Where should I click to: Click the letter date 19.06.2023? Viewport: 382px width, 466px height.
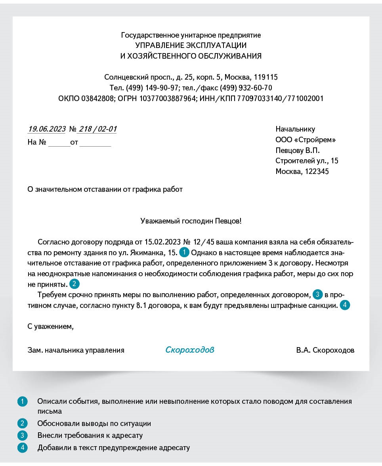47,129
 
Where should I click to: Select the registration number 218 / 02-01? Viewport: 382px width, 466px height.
97,129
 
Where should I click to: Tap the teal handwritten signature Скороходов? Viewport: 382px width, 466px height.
190,350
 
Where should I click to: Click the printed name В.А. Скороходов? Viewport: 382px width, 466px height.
325,350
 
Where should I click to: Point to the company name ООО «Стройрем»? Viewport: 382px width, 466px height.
306,139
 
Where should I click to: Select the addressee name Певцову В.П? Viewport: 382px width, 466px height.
297,150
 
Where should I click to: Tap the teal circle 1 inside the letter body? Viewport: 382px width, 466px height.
185,252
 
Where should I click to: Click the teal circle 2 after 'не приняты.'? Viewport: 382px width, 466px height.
74,284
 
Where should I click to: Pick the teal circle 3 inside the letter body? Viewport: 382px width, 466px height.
317,294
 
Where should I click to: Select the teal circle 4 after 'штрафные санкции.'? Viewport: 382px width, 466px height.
345,305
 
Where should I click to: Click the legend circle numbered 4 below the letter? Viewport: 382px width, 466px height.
22,448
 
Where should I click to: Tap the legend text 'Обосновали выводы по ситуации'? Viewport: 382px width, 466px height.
94,424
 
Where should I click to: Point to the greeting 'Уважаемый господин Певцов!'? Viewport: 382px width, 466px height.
191,221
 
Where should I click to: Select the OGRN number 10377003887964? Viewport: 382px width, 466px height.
167,98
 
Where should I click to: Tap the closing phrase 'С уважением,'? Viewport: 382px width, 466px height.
51,327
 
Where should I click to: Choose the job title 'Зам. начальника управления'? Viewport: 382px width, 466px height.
76,350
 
